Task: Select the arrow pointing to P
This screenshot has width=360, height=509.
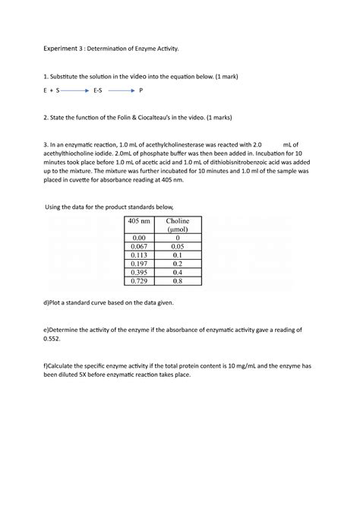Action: click(122, 90)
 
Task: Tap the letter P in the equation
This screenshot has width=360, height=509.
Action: click(141, 90)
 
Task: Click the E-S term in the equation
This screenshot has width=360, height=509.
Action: click(98, 90)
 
